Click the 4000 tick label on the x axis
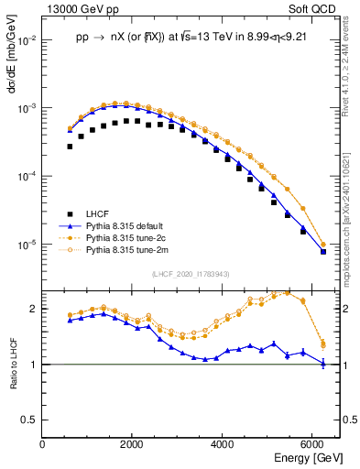(224, 445)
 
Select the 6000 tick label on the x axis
(314, 445)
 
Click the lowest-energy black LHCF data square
(70, 146)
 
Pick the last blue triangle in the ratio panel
(322, 364)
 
